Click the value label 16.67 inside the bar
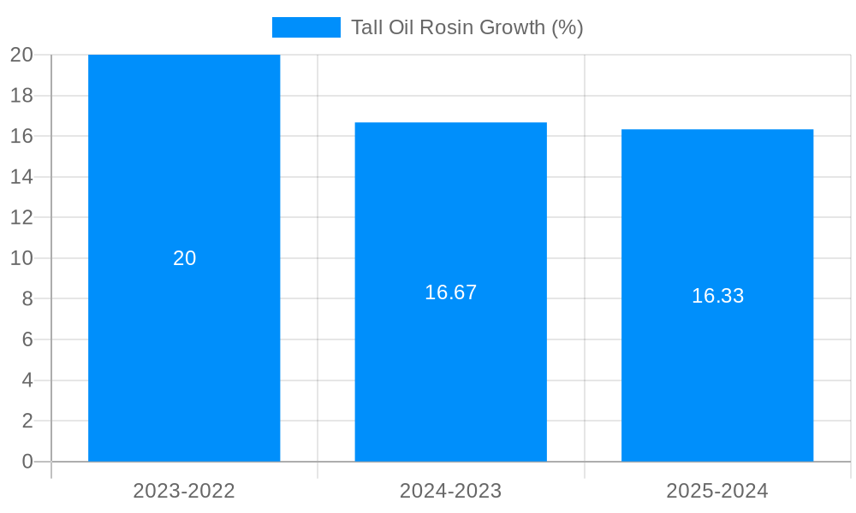451,292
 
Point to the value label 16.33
717,296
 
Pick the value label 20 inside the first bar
185,258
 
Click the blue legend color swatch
306,27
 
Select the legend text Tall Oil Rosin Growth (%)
467,27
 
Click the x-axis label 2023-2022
184,491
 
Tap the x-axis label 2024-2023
451,491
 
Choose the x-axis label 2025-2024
717,491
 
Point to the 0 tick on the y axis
27,462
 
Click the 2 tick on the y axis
27,421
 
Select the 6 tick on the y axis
27,339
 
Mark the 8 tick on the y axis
27,298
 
